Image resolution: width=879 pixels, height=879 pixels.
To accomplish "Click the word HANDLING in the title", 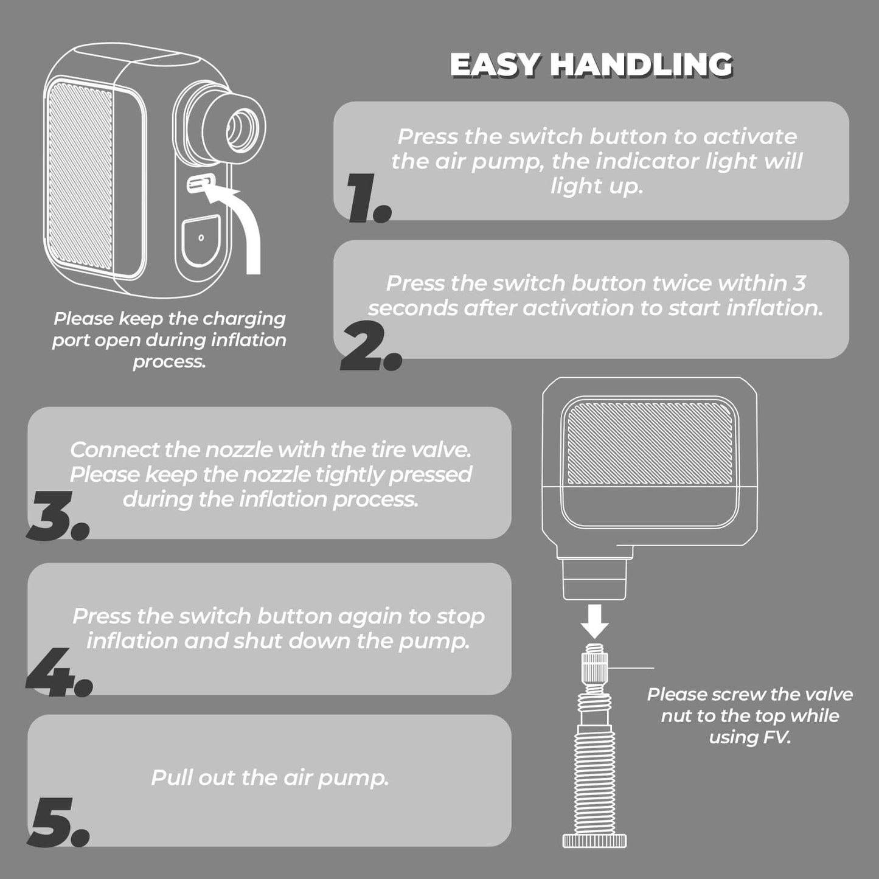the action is pyautogui.click(x=641, y=64).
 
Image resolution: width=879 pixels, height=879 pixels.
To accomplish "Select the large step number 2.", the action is pyautogui.click(x=371, y=345).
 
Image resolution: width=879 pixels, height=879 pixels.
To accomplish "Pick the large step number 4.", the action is pyautogui.click(x=59, y=672).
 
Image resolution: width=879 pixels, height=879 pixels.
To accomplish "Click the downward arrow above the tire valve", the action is pyautogui.click(x=596, y=621).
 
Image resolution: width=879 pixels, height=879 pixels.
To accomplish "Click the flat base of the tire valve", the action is pyautogui.click(x=595, y=840).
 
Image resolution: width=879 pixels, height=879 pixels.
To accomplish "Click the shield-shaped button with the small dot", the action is pyautogui.click(x=201, y=240).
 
